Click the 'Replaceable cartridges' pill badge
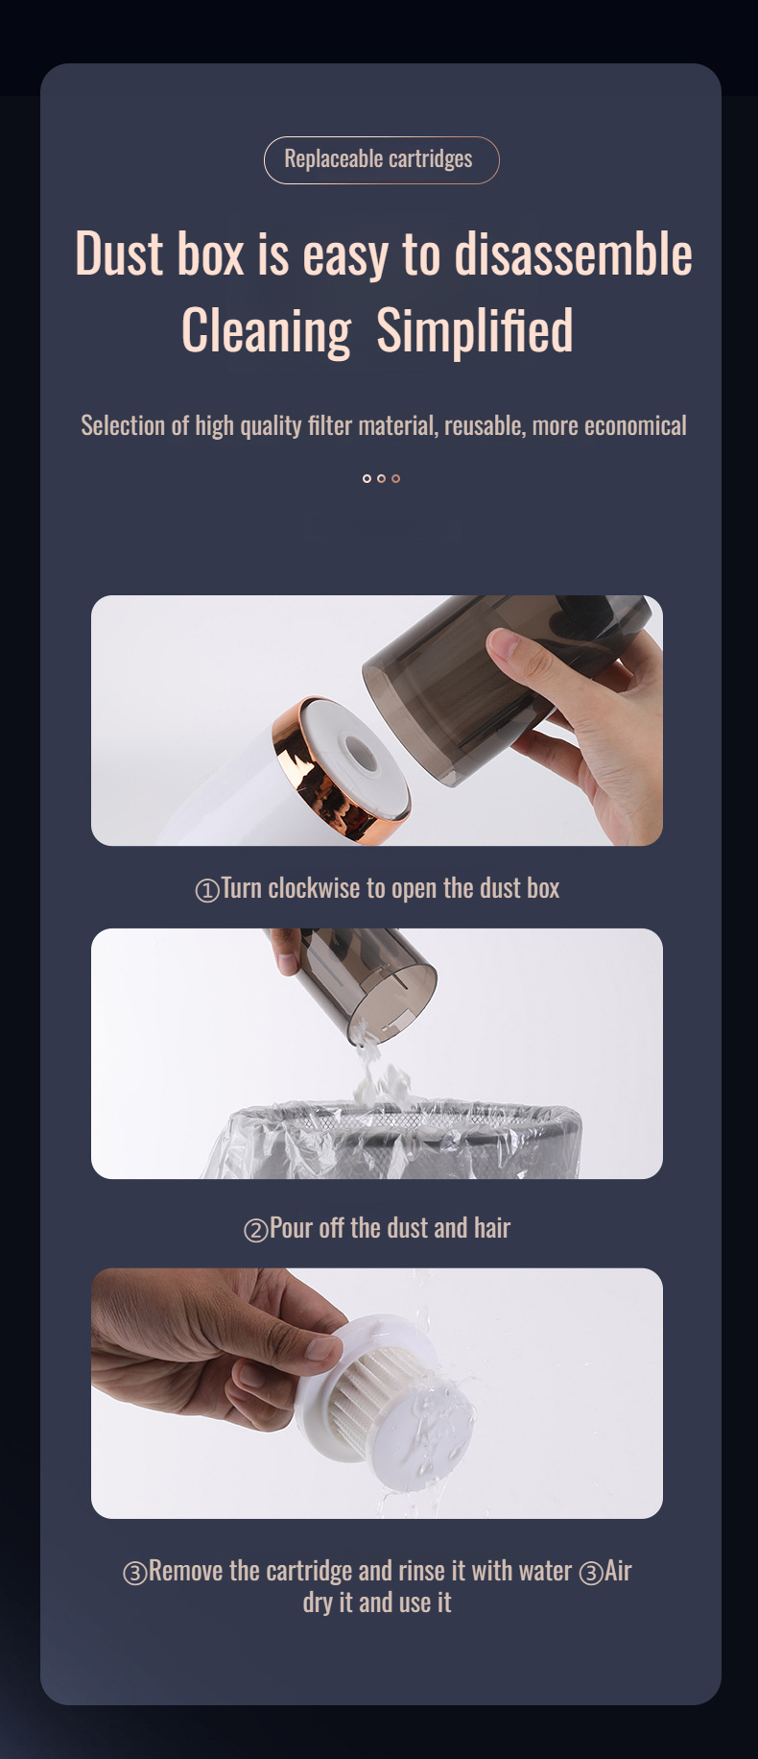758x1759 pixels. pyautogui.click(x=381, y=159)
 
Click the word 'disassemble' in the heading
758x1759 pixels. pyautogui.click(x=572, y=254)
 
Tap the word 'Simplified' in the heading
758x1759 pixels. pyautogui.click(x=474, y=331)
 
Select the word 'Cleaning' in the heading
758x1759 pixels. pyautogui.click(x=266, y=331)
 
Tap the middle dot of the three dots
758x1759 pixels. pyautogui.click(x=381, y=478)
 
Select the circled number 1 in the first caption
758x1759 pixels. pyautogui.click(x=206, y=891)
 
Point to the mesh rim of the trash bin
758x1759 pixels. pyautogui.click(x=403, y=1118)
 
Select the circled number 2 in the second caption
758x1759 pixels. pyautogui.click(x=255, y=1231)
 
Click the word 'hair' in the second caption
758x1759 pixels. pyautogui.click(x=491, y=1228)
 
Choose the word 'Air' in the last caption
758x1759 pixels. pyautogui.click(x=618, y=1571)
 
